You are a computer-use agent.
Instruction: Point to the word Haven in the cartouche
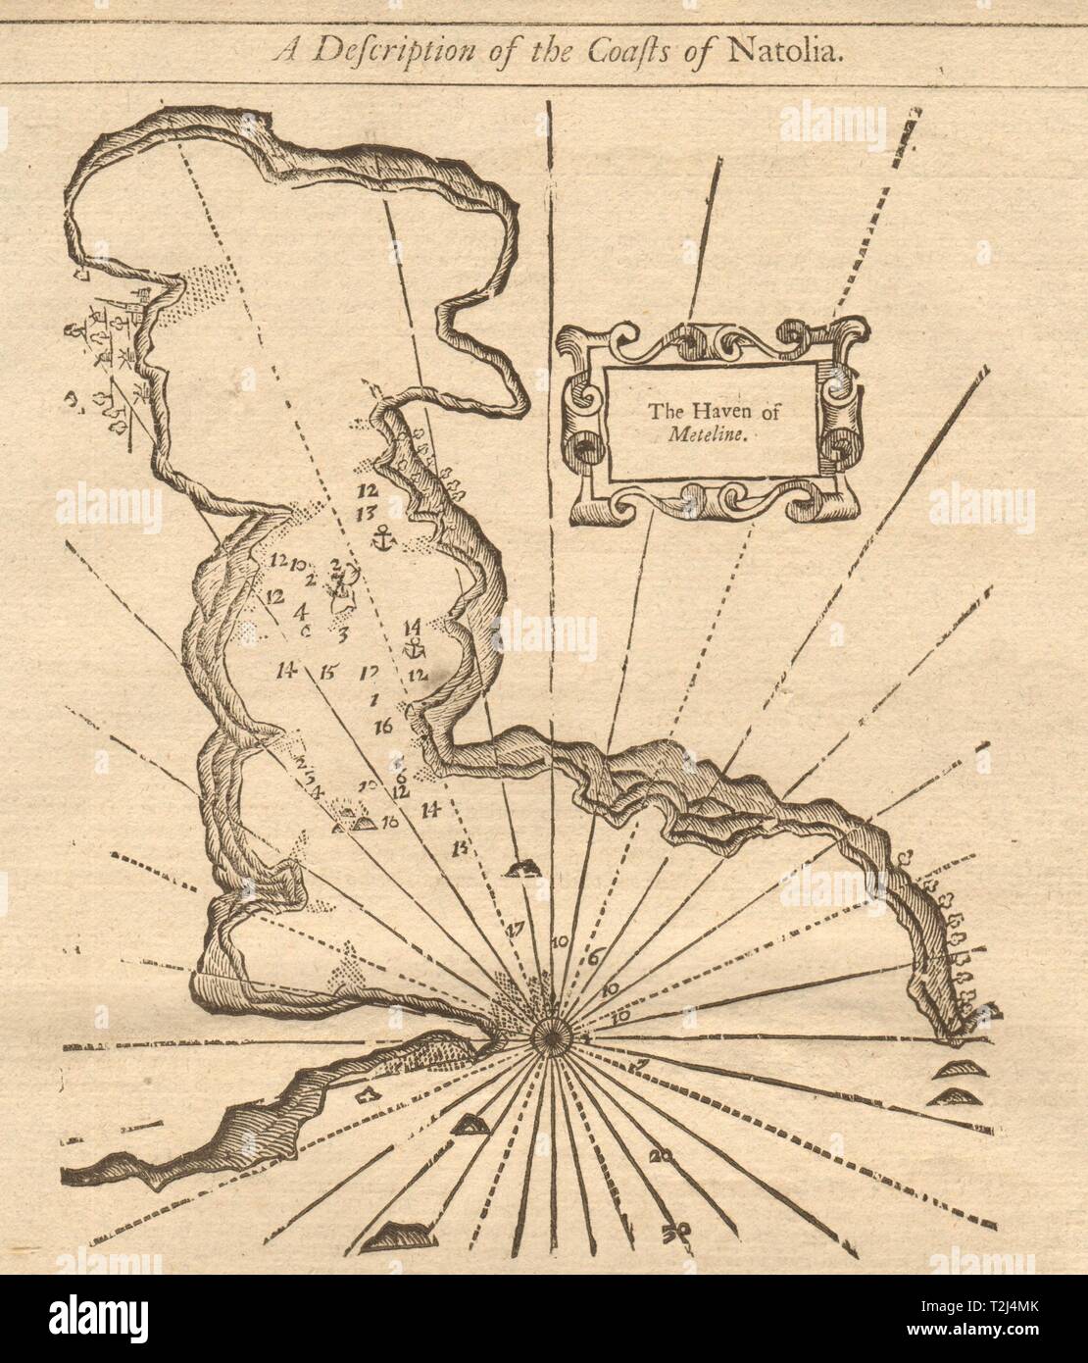coord(711,421)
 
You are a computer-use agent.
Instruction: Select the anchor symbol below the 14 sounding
coord(415,648)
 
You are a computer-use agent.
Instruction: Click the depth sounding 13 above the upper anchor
coord(369,512)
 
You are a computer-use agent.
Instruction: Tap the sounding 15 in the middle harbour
coord(327,674)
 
